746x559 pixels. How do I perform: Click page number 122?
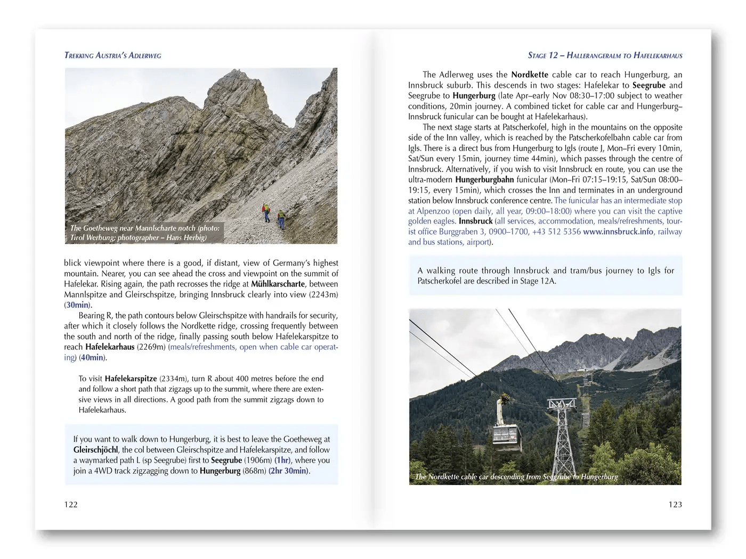point(71,505)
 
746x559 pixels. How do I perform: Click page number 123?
point(675,505)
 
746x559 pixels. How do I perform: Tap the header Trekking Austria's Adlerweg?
point(112,55)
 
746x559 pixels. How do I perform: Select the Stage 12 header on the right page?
point(605,55)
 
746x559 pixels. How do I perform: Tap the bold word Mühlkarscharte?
point(278,284)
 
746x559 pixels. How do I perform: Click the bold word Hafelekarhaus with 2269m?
point(110,347)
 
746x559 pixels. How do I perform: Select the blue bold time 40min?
point(92,358)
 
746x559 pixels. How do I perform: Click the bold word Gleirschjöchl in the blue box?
point(96,450)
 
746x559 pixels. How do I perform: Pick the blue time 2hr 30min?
point(288,471)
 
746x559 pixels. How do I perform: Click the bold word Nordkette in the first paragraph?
point(530,75)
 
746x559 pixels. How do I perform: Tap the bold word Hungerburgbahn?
point(484,180)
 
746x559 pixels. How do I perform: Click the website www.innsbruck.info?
point(618,232)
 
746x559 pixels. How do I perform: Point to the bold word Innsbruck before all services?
point(475,221)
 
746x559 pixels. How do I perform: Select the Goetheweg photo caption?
point(145,233)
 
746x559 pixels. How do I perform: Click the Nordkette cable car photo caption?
point(516,477)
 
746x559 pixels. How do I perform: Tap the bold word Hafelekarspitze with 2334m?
point(131,379)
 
